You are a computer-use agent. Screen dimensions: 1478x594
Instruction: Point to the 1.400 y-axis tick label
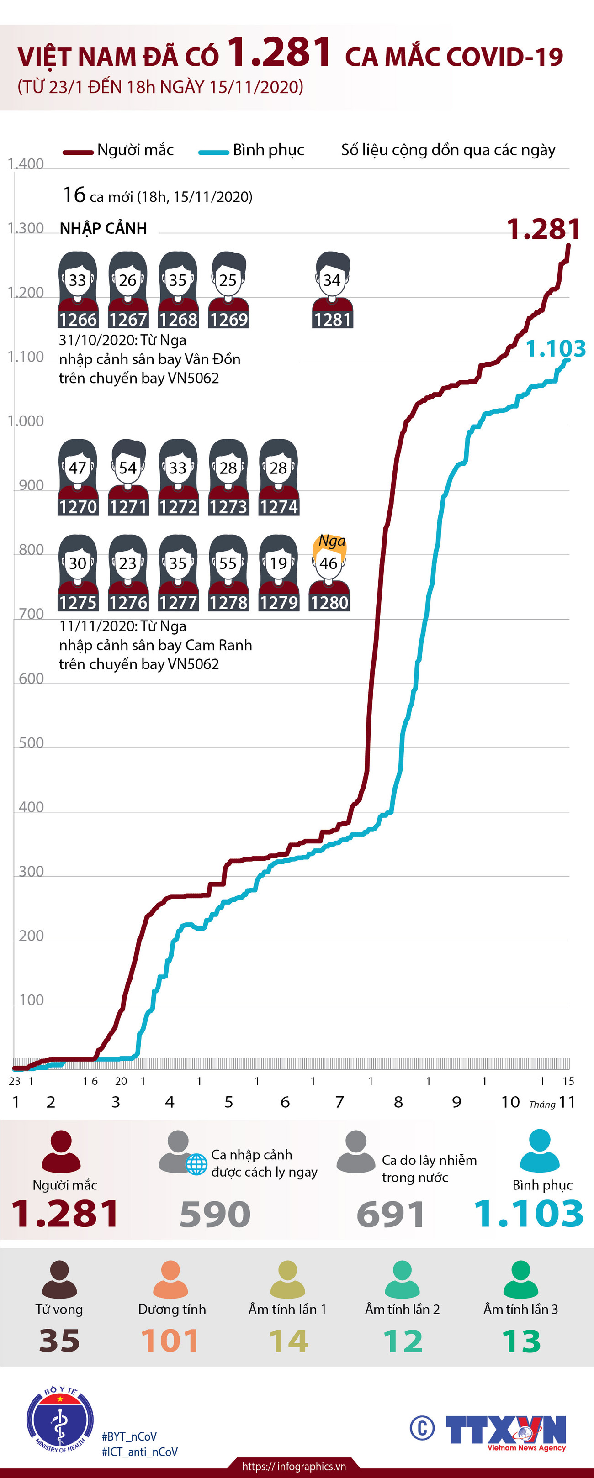(x=26, y=164)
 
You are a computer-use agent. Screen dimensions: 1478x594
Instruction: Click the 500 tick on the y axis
(x=31, y=743)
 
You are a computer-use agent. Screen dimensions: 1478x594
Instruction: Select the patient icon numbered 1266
(x=78, y=290)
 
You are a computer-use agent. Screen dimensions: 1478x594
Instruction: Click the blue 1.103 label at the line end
(x=555, y=348)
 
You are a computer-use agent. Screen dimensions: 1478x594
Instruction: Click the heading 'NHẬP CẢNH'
(x=103, y=228)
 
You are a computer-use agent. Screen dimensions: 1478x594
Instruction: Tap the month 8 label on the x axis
(x=398, y=1102)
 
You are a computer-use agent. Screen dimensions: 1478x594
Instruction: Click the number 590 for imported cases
(x=215, y=1214)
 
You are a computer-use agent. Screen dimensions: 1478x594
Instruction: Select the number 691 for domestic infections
(x=391, y=1214)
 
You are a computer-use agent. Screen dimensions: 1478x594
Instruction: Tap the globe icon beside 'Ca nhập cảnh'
(x=196, y=1165)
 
